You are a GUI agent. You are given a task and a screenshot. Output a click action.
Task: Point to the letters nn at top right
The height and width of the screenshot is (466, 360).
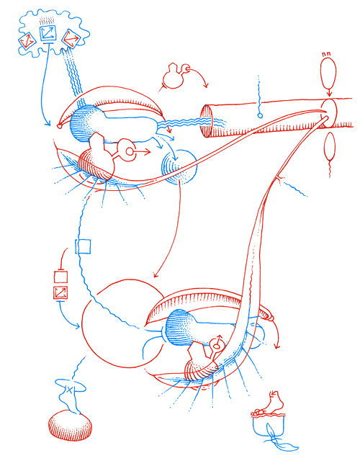pyautogui.click(x=327, y=53)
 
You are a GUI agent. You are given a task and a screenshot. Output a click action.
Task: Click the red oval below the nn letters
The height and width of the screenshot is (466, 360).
pyautogui.click(x=328, y=73)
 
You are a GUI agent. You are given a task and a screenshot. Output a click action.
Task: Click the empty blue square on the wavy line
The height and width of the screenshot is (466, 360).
pyautogui.click(x=84, y=247)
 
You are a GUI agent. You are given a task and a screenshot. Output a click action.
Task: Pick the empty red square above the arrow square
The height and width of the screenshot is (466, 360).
pyautogui.click(x=60, y=275)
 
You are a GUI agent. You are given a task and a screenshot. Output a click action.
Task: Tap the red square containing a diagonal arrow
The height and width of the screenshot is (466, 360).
pyautogui.click(x=60, y=292)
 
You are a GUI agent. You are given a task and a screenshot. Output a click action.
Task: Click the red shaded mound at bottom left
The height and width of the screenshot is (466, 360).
pyautogui.click(x=71, y=426)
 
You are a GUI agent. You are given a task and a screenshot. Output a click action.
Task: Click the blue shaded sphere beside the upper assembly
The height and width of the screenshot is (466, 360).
pyautogui.click(x=180, y=168)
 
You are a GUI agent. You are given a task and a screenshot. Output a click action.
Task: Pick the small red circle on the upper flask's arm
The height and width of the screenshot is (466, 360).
pyautogui.click(x=130, y=151)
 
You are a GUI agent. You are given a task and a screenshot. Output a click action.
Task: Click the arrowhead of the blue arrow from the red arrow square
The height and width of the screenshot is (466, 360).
pyautogui.click(x=78, y=328)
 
